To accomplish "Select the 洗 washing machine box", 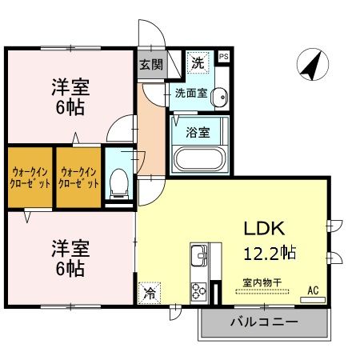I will click(x=196, y=62).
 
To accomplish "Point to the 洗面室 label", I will click(x=192, y=93).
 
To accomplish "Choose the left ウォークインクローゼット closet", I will click(x=30, y=176).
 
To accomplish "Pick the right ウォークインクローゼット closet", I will click(x=78, y=176).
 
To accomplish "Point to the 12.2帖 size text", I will click(x=270, y=253).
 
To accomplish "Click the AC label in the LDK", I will click(x=312, y=290).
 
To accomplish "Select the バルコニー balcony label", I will click(x=264, y=323).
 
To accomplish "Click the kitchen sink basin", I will click(x=198, y=257).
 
